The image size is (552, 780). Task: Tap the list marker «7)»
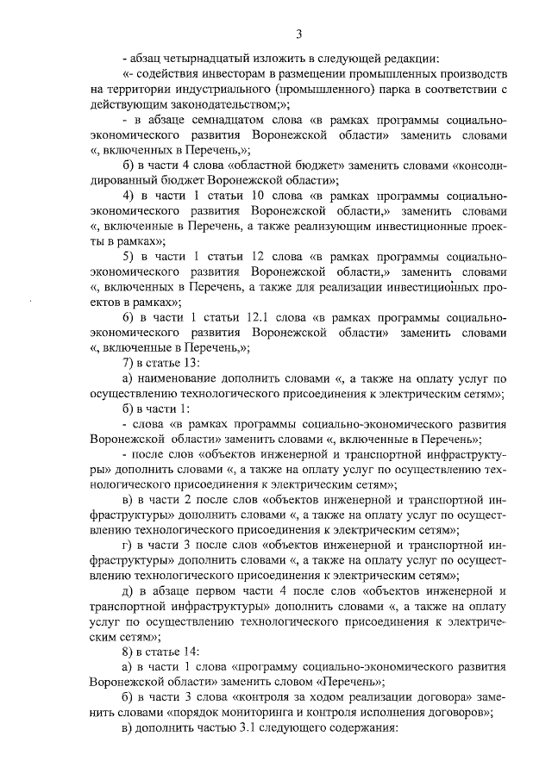pos(129,362)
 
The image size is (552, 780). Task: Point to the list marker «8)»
pos(129,652)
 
